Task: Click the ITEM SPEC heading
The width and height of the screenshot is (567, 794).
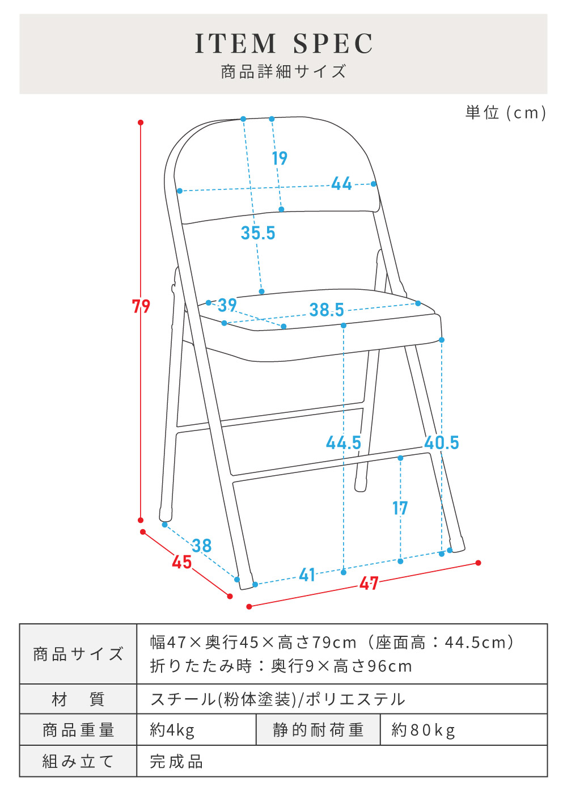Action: coord(283,44)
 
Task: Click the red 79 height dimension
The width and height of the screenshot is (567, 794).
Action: coord(141,306)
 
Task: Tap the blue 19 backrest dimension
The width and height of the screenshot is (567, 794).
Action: coord(280,158)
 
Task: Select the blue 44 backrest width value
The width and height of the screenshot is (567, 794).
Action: coord(341,184)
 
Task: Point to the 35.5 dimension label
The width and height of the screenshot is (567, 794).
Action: coord(258,233)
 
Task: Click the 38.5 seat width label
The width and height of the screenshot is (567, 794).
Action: coord(327,310)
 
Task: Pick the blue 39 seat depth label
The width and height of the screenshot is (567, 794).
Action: coord(227,305)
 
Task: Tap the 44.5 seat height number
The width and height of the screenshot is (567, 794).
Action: coord(344,442)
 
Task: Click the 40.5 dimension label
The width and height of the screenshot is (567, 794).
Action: coord(442,442)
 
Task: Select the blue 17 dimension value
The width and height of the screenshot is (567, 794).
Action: coord(400,508)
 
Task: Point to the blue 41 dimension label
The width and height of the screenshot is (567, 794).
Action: coord(307,575)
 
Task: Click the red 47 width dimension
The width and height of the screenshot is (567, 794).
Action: coord(369,583)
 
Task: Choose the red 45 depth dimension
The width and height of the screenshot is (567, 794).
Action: coord(181,562)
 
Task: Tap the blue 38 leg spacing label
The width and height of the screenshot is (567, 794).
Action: coord(201,546)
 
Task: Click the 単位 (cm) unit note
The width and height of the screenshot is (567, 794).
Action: coord(506,112)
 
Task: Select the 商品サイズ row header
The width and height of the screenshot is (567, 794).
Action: coord(78,654)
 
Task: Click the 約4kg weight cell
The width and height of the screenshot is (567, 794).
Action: coord(172,730)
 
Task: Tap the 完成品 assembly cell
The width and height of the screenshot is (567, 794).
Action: coord(176,761)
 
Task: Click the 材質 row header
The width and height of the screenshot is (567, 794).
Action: coord(78,699)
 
